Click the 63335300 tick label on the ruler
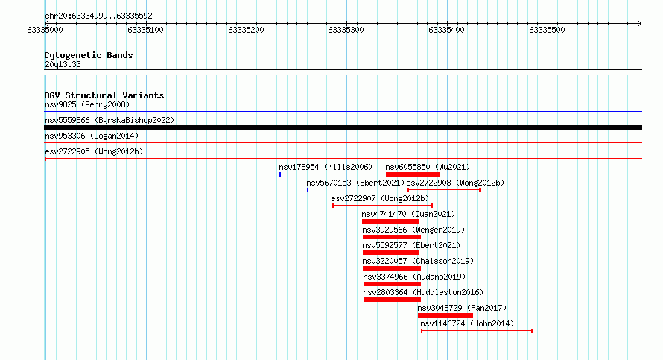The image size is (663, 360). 346,30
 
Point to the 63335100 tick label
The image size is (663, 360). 145,30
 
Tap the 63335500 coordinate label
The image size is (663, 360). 547,30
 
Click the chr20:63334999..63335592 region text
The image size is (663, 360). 98,16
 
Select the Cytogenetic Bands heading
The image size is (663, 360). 89,55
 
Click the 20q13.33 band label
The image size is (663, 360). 63,64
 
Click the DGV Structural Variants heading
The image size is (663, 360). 104,95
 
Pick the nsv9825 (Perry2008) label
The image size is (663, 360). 87,104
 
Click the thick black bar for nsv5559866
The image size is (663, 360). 343,127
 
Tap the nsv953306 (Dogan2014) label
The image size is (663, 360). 92,136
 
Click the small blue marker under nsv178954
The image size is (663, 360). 280,174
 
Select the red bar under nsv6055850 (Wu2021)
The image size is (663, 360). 412,174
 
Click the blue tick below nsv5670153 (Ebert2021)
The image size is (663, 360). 308,190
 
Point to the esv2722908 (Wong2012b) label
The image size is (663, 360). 455,183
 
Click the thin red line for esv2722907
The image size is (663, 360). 382,206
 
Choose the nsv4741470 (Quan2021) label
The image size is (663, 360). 408,214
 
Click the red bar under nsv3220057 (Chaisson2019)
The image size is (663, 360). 392,268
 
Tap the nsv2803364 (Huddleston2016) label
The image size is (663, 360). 423,292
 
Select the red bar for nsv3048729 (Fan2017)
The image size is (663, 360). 445,315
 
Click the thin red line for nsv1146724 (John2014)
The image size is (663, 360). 477,331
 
